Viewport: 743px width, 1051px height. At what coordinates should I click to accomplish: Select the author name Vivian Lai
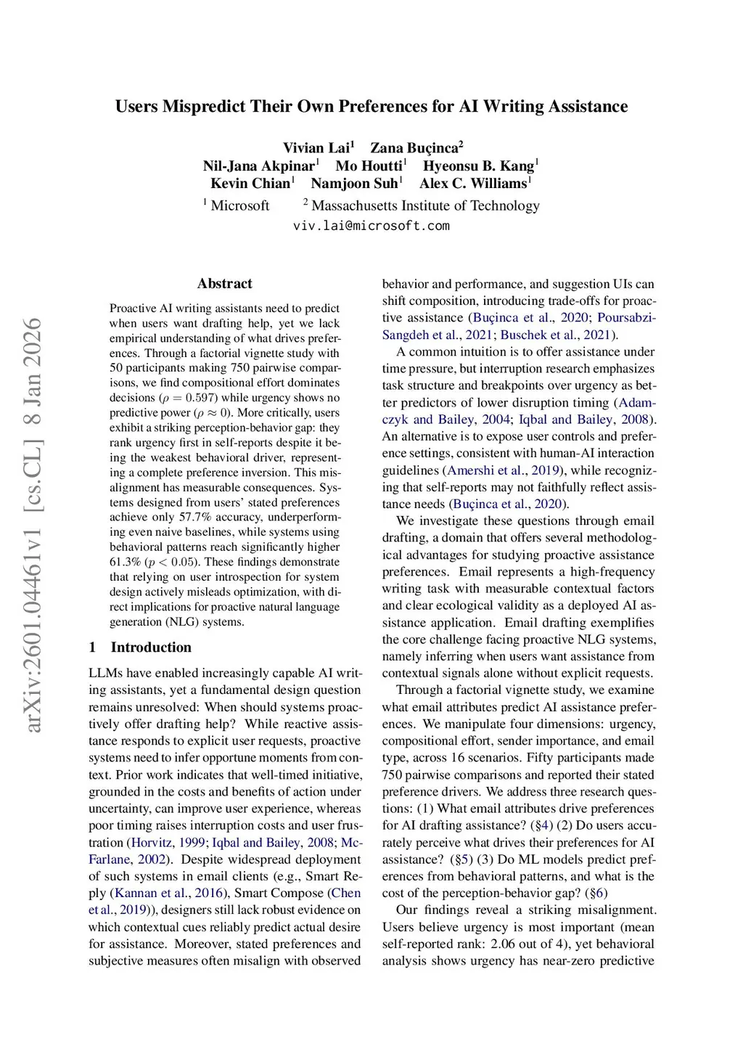point(316,148)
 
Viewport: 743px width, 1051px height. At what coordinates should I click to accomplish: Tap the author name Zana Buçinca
point(414,148)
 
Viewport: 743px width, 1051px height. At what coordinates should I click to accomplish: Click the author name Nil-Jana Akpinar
point(258,166)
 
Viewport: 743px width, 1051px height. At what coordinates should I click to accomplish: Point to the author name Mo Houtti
point(369,166)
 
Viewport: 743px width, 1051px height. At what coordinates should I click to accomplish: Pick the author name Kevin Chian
point(250,184)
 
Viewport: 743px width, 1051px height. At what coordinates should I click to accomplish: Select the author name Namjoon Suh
point(354,184)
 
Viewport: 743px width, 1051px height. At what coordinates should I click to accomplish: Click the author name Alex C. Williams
point(472,184)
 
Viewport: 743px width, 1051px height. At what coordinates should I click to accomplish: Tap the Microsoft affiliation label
point(239,205)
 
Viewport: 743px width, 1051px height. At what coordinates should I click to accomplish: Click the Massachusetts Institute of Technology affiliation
point(425,205)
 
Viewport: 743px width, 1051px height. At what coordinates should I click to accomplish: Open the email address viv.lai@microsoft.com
point(371,226)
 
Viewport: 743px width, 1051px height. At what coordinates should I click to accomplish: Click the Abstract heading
point(225,284)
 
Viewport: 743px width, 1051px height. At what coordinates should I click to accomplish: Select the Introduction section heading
point(151,647)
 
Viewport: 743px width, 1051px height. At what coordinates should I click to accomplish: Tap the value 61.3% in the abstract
point(126,563)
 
